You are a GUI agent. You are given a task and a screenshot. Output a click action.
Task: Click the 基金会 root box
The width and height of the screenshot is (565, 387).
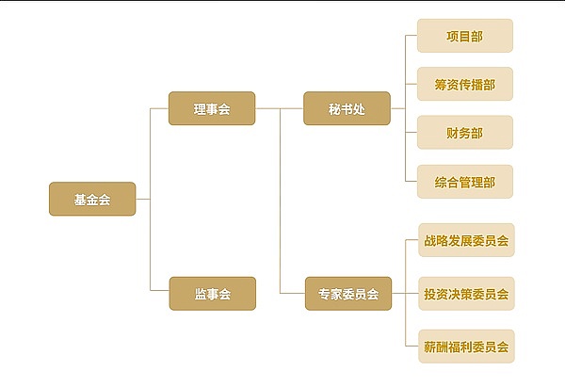pyautogui.click(x=92, y=199)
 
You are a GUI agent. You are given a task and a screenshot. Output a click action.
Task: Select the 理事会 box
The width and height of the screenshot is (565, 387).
pyautogui.click(x=212, y=108)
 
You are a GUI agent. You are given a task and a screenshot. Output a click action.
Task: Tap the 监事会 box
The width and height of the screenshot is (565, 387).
pyautogui.click(x=212, y=294)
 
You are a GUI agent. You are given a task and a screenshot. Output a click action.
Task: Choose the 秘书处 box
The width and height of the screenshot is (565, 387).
pyautogui.click(x=347, y=108)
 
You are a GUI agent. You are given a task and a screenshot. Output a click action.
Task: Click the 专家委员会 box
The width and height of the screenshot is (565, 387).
pyautogui.click(x=347, y=294)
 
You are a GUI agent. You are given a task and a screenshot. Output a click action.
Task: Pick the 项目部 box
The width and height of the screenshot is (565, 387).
pyautogui.click(x=464, y=36)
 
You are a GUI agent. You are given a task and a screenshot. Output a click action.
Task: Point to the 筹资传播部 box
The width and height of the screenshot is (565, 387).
pyautogui.click(x=464, y=85)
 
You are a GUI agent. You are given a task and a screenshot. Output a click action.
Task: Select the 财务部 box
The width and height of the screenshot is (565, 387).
pyautogui.click(x=464, y=133)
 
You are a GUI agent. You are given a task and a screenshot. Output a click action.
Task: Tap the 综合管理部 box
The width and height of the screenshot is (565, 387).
pyautogui.click(x=464, y=182)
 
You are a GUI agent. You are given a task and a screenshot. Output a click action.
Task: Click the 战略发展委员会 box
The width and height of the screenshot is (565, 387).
pyautogui.click(x=466, y=241)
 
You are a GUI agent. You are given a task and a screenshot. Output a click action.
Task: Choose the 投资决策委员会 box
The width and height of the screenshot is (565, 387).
pyautogui.click(x=466, y=294)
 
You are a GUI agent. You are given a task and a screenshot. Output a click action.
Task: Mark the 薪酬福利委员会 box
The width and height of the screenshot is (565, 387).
pyautogui.click(x=466, y=346)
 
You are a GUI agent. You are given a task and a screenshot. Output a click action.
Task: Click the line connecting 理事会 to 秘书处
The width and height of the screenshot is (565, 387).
pyautogui.click(x=279, y=108)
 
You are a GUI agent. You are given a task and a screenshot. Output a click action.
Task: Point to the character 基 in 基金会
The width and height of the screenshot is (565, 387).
pyautogui.click(x=80, y=199)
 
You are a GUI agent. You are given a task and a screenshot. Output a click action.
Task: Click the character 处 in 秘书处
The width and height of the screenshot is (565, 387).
pyautogui.click(x=359, y=108)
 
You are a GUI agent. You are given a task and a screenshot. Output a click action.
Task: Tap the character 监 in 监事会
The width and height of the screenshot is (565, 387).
pyautogui.click(x=201, y=294)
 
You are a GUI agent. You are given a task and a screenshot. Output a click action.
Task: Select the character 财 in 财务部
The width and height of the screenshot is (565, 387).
pyautogui.click(x=453, y=133)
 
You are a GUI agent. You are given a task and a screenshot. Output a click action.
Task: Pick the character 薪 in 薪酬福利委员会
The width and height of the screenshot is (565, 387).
pyautogui.click(x=429, y=346)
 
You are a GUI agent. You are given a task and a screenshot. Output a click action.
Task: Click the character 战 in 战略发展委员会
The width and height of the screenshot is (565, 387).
pyautogui.click(x=429, y=241)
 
